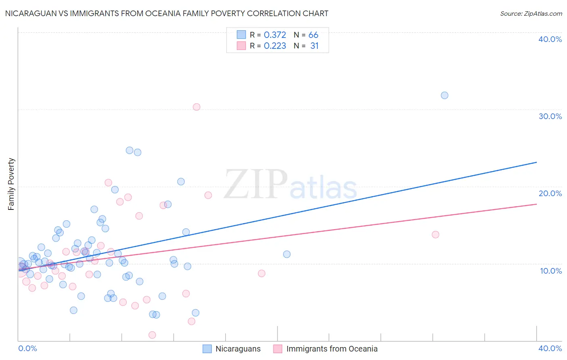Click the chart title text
coord(167,13)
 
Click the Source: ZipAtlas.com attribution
coord(531,13)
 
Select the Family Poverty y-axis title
coord(11,184)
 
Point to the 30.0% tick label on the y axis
coord(550,116)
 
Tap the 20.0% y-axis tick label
coord(550,193)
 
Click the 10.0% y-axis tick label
coord(551,271)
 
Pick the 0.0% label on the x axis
coord(27,348)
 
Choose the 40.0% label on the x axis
coord(550,348)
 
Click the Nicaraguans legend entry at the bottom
coord(238,349)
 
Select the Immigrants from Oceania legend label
coord(331,349)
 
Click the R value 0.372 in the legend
coord(275,35)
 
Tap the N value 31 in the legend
coord(314,46)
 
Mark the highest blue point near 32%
coord(444,96)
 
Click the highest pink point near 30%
coord(196,107)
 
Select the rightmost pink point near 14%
coord(435,234)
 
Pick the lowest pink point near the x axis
coord(152,335)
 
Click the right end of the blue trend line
coord(536,162)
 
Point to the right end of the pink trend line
coord(536,204)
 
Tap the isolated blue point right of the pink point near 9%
coord(287,254)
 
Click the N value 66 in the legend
coord(313,35)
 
